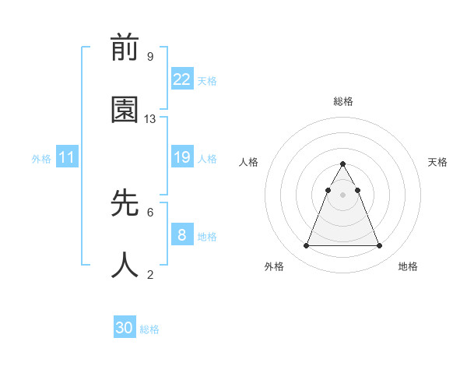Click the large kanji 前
[125, 48]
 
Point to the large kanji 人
[125, 266]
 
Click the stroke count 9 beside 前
[150, 57]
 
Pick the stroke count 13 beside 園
[150, 119]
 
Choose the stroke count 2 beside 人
[150, 274]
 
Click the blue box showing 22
[181, 79]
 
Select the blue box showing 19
[181, 157]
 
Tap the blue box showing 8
[181, 235]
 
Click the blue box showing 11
[67, 157]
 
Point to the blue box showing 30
[125, 328]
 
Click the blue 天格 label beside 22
[207, 80]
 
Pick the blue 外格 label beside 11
[41, 158]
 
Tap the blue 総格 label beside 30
[149, 329]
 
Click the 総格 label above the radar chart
[342, 101]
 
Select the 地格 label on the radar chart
[408, 266]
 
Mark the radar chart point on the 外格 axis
[306, 246]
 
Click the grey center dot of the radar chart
[342, 194]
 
